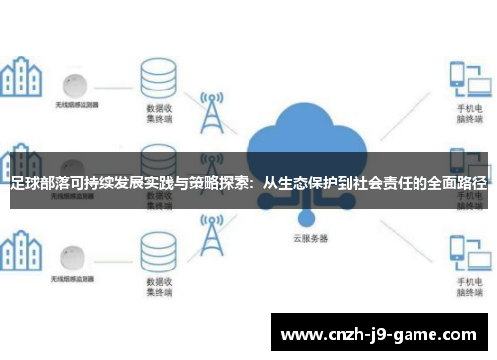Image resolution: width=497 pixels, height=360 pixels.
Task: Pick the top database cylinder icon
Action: coord(157,72)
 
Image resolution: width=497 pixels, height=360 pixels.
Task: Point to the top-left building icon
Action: coord(22,76)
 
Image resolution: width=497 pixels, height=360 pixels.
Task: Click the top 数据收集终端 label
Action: coord(160,111)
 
